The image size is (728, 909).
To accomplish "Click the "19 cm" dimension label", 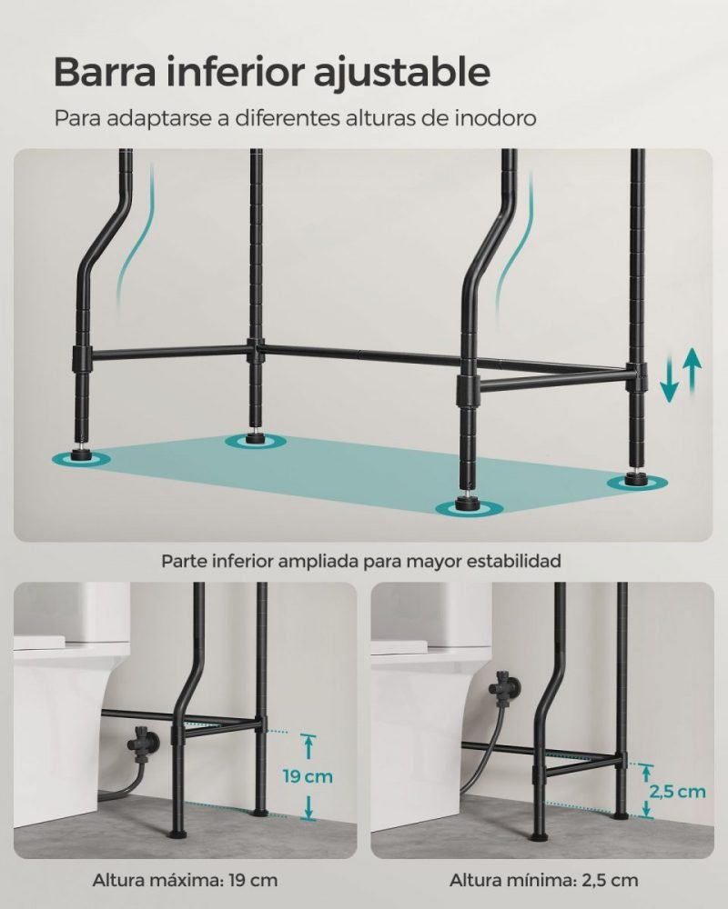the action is tap(308, 775).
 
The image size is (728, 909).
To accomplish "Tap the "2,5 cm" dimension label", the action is tap(677, 792).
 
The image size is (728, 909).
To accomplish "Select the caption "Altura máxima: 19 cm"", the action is tap(185, 880).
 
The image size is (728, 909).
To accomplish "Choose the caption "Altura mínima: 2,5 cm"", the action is tap(543, 880).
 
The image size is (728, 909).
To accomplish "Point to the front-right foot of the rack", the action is tap(469, 502).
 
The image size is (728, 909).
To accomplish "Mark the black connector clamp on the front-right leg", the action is tap(469, 390).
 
